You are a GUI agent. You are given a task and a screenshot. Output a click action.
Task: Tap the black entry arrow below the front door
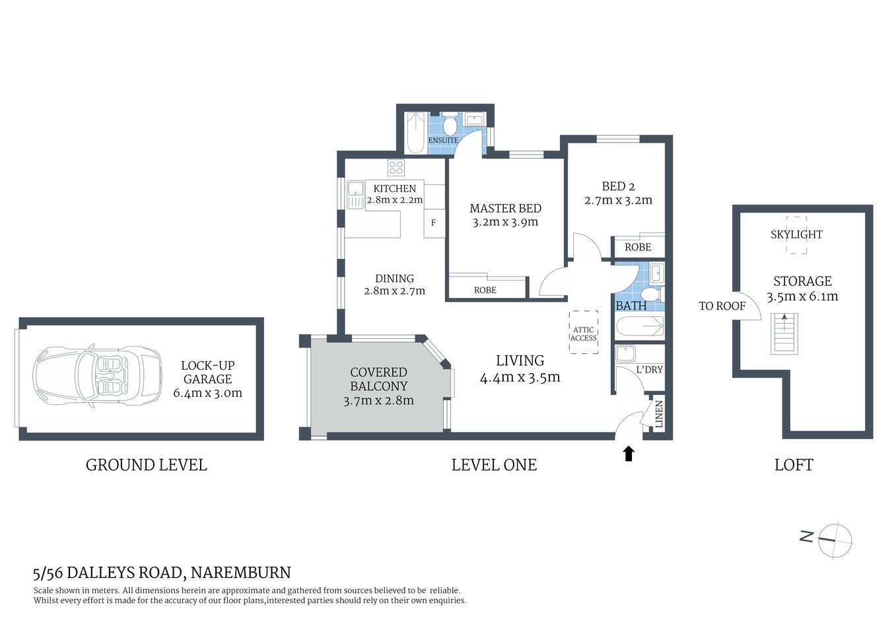pos(629,453)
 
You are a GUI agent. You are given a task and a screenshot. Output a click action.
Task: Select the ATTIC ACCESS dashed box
pos(583,333)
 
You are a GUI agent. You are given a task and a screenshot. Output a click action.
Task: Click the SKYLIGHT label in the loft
pos(796,234)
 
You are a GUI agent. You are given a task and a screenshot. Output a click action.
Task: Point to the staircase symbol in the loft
pos(784,334)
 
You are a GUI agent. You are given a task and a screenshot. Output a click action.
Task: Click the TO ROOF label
pos(722,306)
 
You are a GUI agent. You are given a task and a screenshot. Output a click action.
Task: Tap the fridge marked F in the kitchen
pos(433,223)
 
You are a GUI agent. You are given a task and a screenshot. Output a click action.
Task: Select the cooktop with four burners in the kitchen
pos(396,167)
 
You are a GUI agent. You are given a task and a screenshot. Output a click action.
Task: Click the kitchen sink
pos(355,195)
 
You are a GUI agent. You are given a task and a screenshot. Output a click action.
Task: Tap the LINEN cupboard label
pos(658,414)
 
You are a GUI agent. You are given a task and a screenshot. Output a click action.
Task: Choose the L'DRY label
pos(649,369)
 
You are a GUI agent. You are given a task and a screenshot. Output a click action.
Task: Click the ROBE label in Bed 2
pos(637,247)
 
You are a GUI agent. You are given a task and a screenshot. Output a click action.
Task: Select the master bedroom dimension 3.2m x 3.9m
pos(505,222)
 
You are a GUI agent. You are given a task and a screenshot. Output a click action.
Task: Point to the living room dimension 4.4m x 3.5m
pos(520,377)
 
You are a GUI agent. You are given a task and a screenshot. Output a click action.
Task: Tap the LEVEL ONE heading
pos(493,465)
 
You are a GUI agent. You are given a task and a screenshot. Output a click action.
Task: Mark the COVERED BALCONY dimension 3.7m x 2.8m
pos(378,400)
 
